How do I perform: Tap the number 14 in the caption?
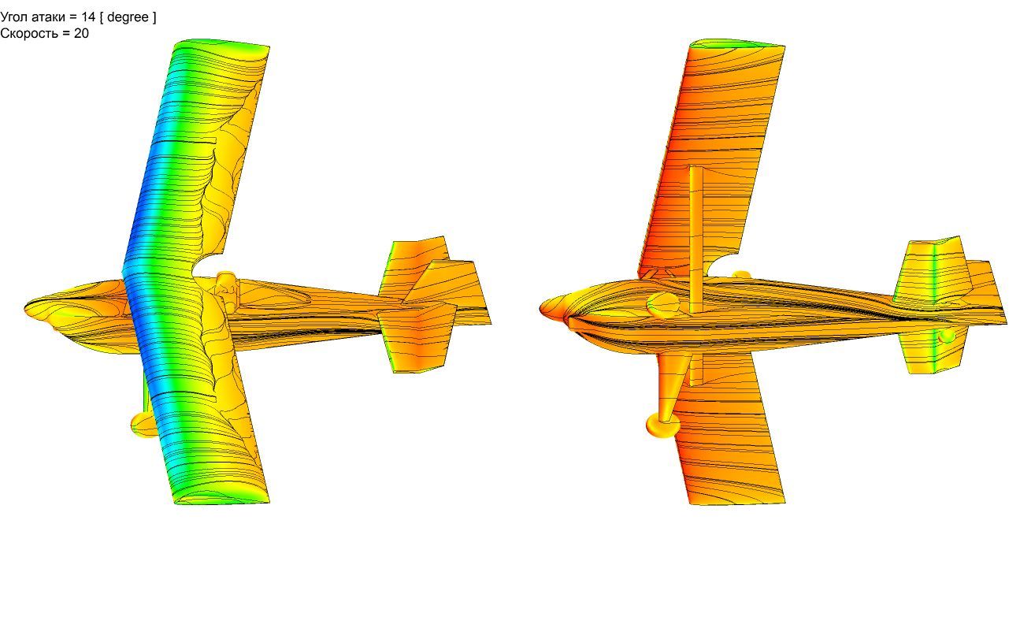tap(88, 17)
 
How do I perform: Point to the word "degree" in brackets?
tap(128, 17)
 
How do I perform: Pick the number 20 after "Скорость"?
tap(81, 33)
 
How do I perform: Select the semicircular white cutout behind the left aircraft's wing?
tap(208, 266)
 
